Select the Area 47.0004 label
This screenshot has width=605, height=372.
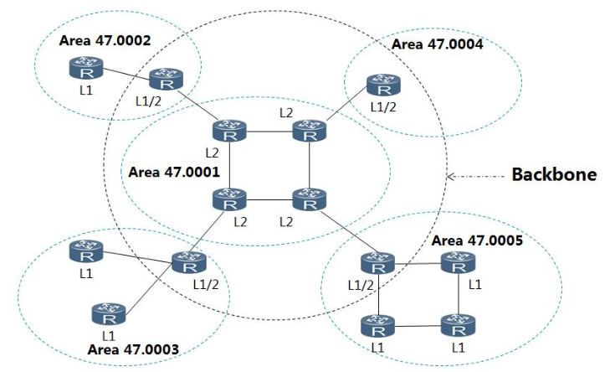(438, 44)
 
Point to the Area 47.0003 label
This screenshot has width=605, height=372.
(134, 348)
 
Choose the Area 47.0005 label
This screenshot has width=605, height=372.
(477, 240)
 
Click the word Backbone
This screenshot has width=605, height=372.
(554, 175)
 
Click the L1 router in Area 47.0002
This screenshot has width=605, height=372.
(84, 65)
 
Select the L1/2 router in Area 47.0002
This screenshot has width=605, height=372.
(166, 80)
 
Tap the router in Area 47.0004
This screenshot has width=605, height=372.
(383, 85)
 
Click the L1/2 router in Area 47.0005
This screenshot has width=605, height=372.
(378, 263)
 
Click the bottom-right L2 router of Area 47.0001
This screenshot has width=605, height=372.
(309, 199)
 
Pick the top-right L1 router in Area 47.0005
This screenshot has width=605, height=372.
(458, 263)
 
